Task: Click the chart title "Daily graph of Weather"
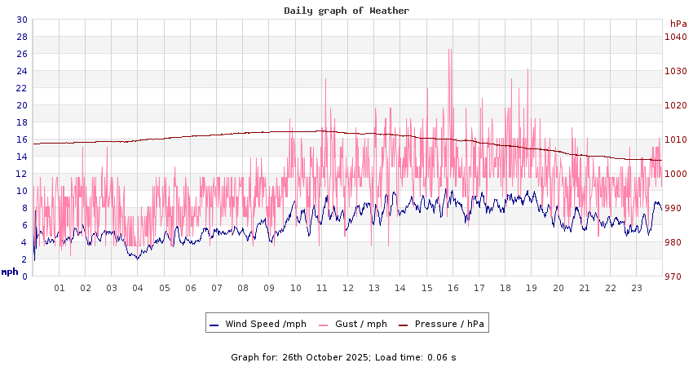pyautogui.click(x=346, y=11)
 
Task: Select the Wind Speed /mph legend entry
pyautogui.click(x=258, y=324)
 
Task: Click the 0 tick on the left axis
pyautogui.click(x=24, y=276)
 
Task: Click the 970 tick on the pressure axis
pyautogui.click(x=673, y=276)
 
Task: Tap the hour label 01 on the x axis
pyautogui.click(x=60, y=288)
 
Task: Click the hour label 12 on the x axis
pyautogui.click(x=348, y=288)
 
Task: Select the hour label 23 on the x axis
pyautogui.click(x=637, y=288)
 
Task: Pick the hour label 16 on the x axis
pyautogui.click(x=453, y=288)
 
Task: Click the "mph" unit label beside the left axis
pyautogui.click(x=10, y=272)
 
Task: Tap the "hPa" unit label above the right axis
pyautogui.click(x=678, y=24)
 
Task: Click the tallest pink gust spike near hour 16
pyautogui.click(x=449, y=51)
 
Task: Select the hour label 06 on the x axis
pyautogui.click(x=191, y=288)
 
